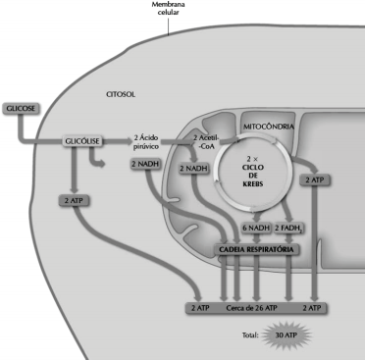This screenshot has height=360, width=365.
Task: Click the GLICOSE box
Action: pos(21,109)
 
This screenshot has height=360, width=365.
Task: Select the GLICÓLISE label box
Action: pos(82,141)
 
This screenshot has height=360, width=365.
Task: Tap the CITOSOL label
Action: pos(121,94)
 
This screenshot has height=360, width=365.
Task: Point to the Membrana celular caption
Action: pos(168,9)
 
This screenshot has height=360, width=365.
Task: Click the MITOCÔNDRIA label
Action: pos(269,127)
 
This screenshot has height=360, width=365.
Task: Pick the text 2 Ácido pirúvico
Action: pos(146,142)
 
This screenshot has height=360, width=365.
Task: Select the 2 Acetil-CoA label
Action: pos(206,142)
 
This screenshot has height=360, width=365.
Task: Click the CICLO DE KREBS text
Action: pos(253,176)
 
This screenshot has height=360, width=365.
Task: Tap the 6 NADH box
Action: pos(256,228)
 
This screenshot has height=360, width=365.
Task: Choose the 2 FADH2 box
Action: pos(288,229)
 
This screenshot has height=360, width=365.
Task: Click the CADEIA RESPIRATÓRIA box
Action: pos(256,249)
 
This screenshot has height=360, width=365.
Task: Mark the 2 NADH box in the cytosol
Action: pos(145,164)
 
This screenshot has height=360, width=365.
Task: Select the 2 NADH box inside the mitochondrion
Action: pos(194,169)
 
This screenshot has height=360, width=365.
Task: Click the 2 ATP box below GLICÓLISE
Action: pos(74,200)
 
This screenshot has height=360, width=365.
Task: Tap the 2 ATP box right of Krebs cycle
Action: pos(315,180)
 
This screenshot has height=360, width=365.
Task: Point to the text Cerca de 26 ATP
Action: pos(251,308)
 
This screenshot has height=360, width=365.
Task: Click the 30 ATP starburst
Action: pos(287,335)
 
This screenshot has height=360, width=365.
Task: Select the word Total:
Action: pos(250,335)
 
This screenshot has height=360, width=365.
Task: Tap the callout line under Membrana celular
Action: pos(169,26)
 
